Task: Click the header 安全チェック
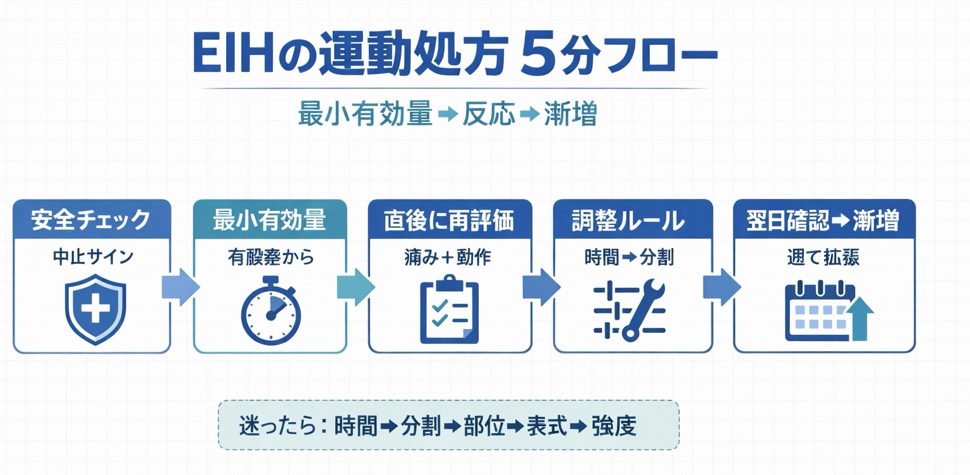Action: tap(92, 220)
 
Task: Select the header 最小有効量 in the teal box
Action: tap(270, 220)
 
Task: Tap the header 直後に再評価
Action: tap(450, 220)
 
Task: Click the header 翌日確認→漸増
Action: tap(823, 220)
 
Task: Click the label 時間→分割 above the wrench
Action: tap(629, 257)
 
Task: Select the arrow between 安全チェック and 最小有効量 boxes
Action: tap(181, 287)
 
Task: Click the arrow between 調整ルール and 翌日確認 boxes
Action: tap(722, 287)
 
